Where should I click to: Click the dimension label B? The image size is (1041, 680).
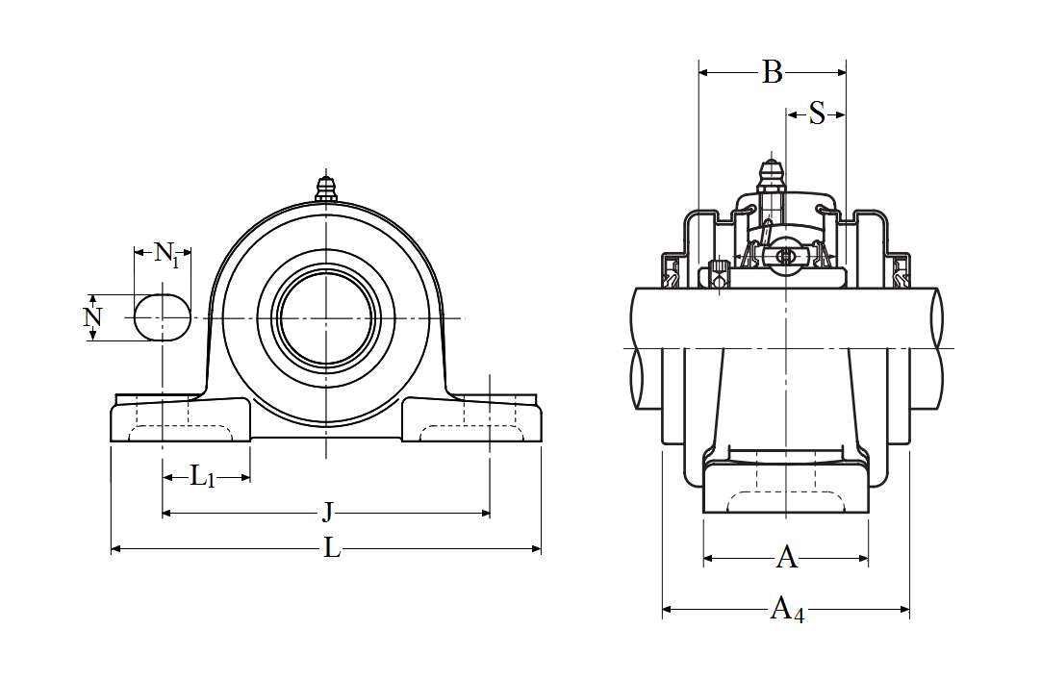[x=772, y=72]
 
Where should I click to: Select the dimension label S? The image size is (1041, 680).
[x=817, y=114]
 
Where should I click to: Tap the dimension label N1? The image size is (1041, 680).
[x=165, y=254]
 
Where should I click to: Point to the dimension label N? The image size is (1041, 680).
[x=92, y=317]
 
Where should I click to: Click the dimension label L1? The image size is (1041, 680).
[x=202, y=476]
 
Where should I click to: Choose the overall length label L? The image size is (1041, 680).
[x=331, y=548]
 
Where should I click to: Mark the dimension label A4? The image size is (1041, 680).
[x=786, y=609]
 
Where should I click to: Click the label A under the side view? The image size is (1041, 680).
[x=786, y=557]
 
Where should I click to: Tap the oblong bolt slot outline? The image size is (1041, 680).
[x=162, y=317]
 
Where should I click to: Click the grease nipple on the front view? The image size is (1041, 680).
[x=326, y=188]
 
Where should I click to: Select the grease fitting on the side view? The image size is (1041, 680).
[x=770, y=175]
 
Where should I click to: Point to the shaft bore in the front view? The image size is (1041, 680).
[x=326, y=317]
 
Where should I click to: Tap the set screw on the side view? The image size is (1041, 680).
[x=718, y=274]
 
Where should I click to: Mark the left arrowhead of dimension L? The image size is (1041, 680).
[x=116, y=548]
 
